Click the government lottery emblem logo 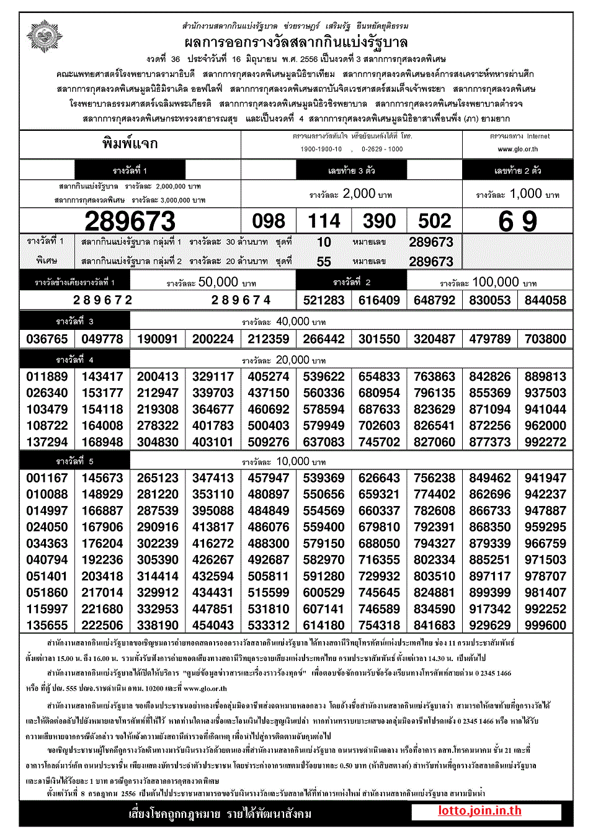click(x=44, y=37)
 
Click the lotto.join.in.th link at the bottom click(x=479, y=811)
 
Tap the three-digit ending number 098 click(x=269, y=221)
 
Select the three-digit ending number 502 click(x=434, y=221)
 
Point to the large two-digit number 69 click(x=518, y=221)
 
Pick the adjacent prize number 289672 click(x=103, y=301)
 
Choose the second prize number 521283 click(x=324, y=301)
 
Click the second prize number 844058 click(x=545, y=301)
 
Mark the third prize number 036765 click(x=47, y=339)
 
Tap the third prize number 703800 click(x=545, y=339)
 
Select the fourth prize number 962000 click(x=545, y=426)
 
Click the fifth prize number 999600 click(x=545, y=626)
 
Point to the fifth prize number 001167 click(x=47, y=478)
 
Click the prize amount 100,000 click(x=495, y=282)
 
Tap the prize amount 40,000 click(x=292, y=321)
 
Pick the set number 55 click(x=324, y=262)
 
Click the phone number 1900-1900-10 click(x=321, y=149)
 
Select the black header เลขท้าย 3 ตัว click(x=351, y=170)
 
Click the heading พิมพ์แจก click(x=130, y=144)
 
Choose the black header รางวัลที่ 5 click(x=75, y=461)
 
